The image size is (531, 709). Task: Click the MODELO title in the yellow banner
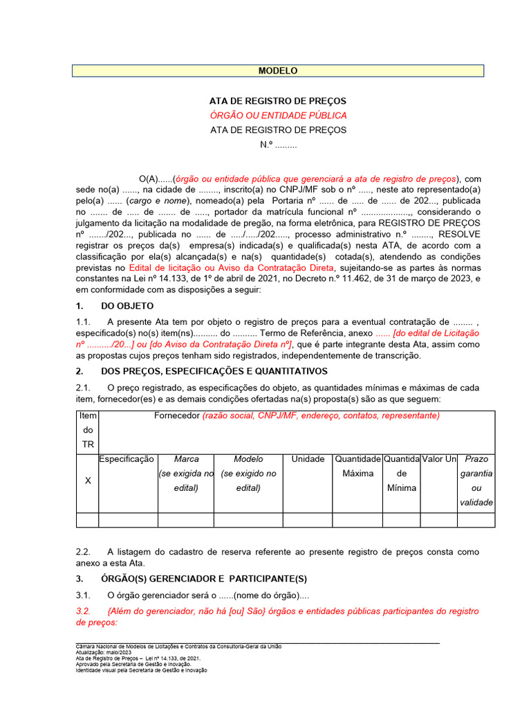[x=278, y=71]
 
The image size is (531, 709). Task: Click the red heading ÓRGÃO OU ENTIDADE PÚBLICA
[x=279, y=116]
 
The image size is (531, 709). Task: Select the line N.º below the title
[x=278, y=145]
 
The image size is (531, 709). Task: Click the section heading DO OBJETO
[x=127, y=305]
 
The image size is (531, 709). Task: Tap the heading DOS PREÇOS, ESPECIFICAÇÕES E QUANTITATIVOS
[x=214, y=372]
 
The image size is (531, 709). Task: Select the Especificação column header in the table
[x=127, y=459]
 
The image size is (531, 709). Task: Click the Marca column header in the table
[x=186, y=459]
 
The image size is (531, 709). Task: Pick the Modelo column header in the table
[x=248, y=459]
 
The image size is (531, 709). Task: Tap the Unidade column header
[x=308, y=459]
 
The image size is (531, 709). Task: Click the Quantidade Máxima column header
[x=357, y=466]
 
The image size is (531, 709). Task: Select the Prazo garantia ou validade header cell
[x=476, y=481]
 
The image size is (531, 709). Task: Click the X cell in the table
[x=87, y=481]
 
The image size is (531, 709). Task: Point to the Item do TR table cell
[x=87, y=430]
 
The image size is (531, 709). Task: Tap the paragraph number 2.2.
[x=83, y=552]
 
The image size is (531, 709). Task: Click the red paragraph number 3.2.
[x=83, y=611]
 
